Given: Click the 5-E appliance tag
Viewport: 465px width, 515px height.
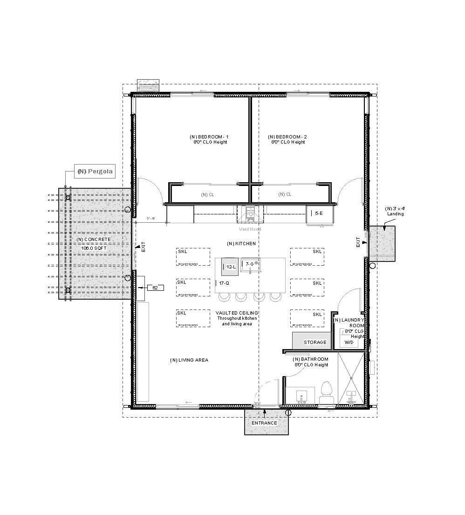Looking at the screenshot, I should pyautogui.click(x=318, y=213).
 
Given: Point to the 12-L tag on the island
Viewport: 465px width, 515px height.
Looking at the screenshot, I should pyautogui.click(x=231, y=267).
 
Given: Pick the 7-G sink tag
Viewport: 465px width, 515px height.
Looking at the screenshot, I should pyautogui.click(x=250, y=264).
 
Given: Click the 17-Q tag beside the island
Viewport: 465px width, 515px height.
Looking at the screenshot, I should pyautogui.click(x=224, y=283).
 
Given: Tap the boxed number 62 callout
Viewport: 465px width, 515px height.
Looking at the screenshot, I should pyautogui.click(x=155, y=288).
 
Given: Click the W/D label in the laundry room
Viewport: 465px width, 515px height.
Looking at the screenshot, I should pyautogui.click(x=349, y=342).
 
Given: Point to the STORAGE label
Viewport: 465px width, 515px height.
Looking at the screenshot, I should pyautogui.click(x=315, y=343).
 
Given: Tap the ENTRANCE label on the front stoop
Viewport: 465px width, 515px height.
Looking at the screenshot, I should pyautogui.click(x=264, y=423).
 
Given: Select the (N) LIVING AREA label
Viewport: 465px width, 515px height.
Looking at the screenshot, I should pyautogui.click(x=189, y=360).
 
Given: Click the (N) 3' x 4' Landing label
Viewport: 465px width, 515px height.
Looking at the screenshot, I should pyautogui.click(x=394, y=211).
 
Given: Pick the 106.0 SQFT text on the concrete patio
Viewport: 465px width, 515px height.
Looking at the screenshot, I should pyautogui.click(x=94, y=248).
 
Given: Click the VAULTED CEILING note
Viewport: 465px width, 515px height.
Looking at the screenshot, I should pyautogui.click(x=237, y=318).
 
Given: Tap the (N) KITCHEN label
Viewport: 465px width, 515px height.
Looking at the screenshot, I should pyautogui.click(x=241, y=244).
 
